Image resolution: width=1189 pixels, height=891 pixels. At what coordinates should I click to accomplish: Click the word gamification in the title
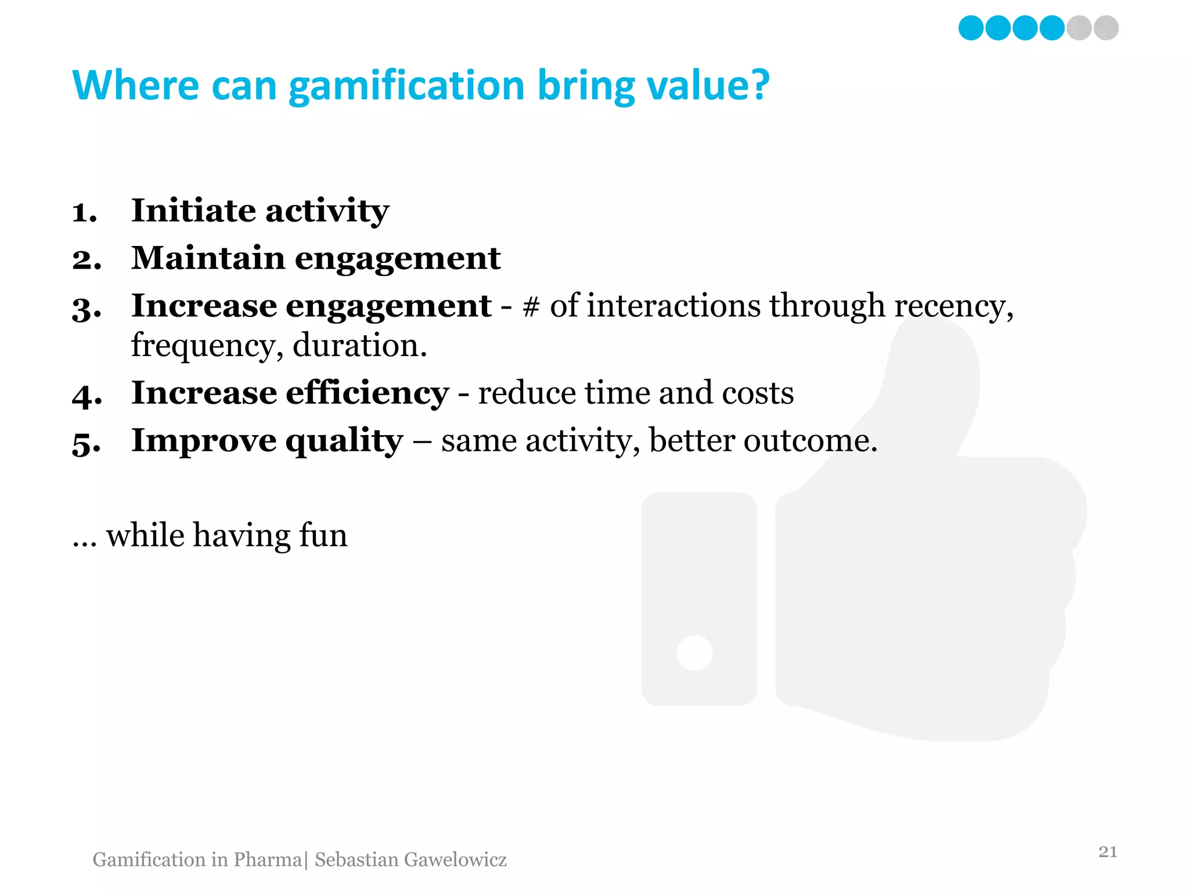coord(406,86)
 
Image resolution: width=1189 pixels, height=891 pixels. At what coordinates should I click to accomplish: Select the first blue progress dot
coord(971,28)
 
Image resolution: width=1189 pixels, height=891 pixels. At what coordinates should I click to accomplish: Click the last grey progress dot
coord(1106,28)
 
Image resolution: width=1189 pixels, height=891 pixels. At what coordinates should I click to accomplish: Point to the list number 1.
coord(84,212)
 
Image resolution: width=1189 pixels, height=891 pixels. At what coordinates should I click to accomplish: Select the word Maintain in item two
coord(208,258)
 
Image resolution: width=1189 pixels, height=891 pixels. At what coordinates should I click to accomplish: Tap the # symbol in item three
coord(531,307)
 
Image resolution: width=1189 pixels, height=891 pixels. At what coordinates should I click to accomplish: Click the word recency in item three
coord(952,307)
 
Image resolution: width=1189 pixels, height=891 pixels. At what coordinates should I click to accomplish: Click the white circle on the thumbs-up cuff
coord(694,653)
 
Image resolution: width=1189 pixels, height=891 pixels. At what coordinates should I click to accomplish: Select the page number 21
coord(1108,852)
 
